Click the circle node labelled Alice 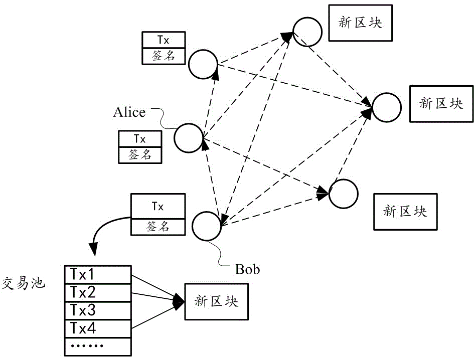[189, 137]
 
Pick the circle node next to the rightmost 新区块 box [387, 107]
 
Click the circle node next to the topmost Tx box [203, 64]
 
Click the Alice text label [129, 112]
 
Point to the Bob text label [248, 269]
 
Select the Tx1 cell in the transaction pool [97, 274]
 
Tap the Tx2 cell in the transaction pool [97, 292]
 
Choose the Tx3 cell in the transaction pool [97, 310]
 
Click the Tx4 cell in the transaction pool [97, 328]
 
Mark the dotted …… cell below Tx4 [97, 346]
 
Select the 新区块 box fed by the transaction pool [217, 301]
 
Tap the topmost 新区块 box [360, 24]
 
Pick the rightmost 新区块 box [441, 103]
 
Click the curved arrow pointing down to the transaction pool [103, 228]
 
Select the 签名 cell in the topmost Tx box [164, 56]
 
